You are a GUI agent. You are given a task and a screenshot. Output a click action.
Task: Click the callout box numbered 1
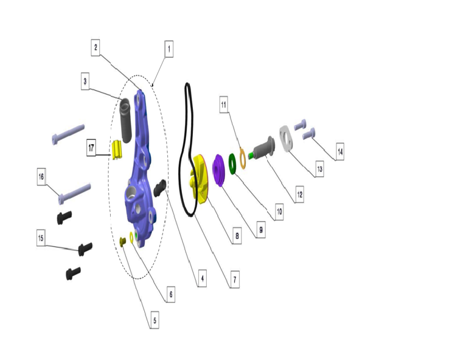click(x=169, y=49)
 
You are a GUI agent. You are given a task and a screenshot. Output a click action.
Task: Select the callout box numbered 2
click(x=96, y=47)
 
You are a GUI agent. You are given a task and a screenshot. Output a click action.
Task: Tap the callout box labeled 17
click(x=91, y=148)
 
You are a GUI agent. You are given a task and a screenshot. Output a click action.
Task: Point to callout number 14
click(x=340, y=152)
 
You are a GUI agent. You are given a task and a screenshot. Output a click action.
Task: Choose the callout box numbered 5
click(x=155, y=320)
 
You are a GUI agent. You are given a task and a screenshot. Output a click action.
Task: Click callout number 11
click(x=224, y=105)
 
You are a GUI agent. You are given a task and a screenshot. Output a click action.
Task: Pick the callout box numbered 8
click(x=237, y=236)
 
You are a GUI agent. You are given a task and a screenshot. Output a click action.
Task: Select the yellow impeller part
click(x=198, y=179)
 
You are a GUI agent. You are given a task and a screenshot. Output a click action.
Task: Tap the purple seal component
click(x=219, y=170)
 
